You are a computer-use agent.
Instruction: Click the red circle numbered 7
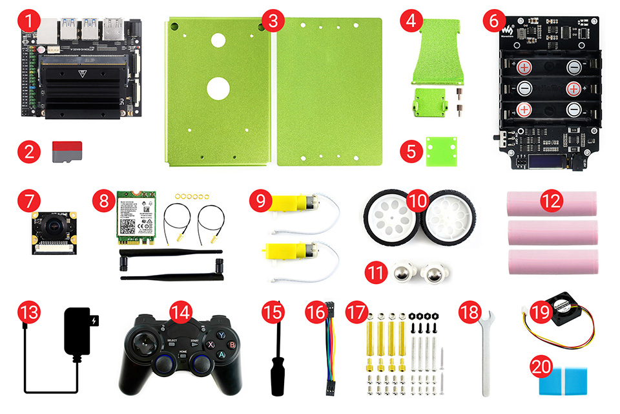click(26, 202)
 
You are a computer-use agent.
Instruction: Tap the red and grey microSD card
click(67, 151)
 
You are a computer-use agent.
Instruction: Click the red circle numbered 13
click(26, 312)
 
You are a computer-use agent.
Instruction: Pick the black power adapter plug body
click(77, 332)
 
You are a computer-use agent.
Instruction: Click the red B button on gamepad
click(231, 345)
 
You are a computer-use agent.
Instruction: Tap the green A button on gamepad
click(221, 354)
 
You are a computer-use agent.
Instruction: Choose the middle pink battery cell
click(553, 232)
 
